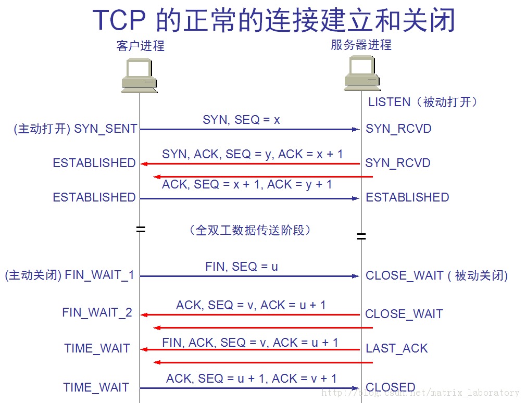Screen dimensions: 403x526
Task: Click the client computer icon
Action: [139, 76]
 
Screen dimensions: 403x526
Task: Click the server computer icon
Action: [361, 72]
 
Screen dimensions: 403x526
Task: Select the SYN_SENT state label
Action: [106, 129]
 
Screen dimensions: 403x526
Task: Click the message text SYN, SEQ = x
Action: [241, 120]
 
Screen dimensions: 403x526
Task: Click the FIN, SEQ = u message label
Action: [242, 267]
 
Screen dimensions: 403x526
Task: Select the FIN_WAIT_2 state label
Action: [97, 312]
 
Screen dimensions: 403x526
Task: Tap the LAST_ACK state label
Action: [396, 349]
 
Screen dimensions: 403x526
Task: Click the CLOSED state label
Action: [391, 387]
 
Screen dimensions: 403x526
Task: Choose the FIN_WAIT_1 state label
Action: [99, 275]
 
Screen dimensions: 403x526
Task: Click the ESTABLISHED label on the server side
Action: [407, 197]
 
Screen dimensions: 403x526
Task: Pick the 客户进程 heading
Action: [140, 46]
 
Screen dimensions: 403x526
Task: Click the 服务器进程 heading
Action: [361, 45]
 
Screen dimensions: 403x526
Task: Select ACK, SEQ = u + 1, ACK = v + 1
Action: [251, 379]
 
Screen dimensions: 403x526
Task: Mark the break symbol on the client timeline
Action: [140, 229]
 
